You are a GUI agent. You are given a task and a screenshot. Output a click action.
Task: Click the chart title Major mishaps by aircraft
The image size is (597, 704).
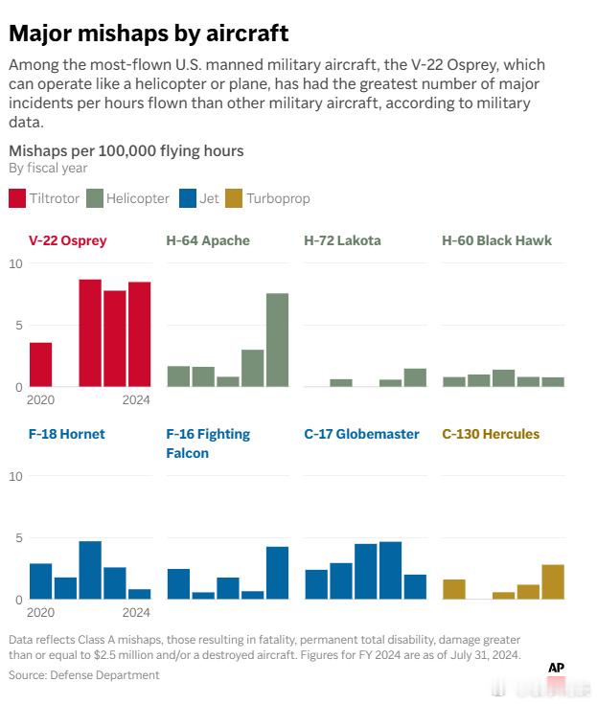click(x=149, y=34)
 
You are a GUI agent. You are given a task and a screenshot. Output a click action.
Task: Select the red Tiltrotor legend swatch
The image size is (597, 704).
click(x=17, y=198)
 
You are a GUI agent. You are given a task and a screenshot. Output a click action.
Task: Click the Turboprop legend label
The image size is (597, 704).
click(x=278, y=198)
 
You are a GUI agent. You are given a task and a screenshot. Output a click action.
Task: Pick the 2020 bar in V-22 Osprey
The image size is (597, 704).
click(x=40, y=365)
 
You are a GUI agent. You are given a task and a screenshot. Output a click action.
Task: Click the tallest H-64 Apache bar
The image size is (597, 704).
click(x=277, y=340)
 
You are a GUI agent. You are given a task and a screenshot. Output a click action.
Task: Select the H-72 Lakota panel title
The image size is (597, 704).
click(x=342, y=240)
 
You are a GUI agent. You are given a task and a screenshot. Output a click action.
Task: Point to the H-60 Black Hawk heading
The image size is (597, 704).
click(x=496, y=240)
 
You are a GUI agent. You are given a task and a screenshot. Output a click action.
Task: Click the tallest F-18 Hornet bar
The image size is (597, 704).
click(x=90, y=570)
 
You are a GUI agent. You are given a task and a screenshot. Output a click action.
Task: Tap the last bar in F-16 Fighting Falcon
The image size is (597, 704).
click(x=277, y=573)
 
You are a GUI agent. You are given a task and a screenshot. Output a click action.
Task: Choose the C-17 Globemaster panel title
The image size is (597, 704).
click(x=361, y=434)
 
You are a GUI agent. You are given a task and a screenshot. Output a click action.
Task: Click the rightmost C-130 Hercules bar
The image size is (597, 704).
click(x=553, y=582)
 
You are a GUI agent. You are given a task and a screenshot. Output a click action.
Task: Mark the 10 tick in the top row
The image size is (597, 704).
click(x=14, y=263)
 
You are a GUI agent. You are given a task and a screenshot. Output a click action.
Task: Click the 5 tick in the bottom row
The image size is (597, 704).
click(x=14, y=538)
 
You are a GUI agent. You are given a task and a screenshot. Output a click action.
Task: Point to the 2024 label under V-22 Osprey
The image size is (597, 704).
click(x=137, y=399)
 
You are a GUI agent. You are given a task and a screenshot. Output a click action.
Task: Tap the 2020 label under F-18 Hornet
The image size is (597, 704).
click(x=41, y=612)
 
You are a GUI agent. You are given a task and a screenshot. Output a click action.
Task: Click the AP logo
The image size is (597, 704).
click(x=556, y=668)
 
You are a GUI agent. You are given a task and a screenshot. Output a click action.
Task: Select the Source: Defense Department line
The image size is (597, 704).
click(x=83, y=675)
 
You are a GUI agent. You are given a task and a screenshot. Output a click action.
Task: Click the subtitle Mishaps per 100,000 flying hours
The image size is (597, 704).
click(x=126, y=150)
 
